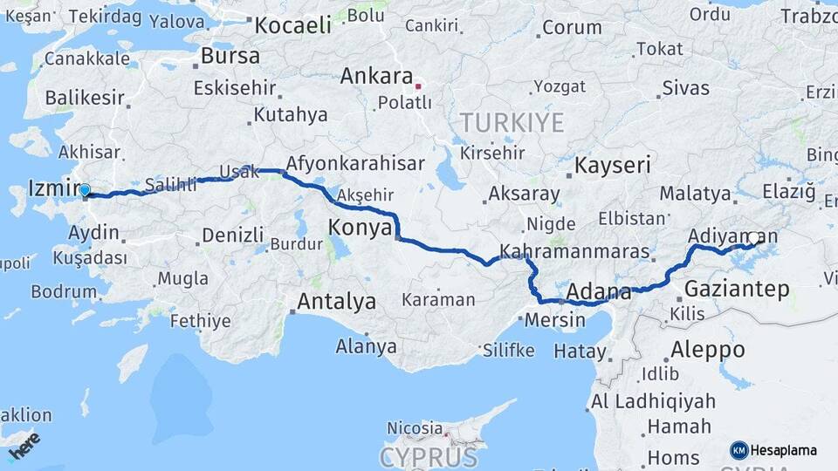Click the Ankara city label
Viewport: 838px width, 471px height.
pyautogui.click(x=376, y=76)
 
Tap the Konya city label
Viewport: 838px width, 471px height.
pyautogui.click(x=359, y=229)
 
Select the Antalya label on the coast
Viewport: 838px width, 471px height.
pyautogui.click(x=336, y=302)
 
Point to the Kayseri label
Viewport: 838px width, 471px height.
pyautogui.click(x=613, y=165)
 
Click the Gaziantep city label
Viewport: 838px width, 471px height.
pyautogui.click(x=738, y=289)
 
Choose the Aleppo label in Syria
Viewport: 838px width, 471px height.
pyautogui.click(x=707, y=350)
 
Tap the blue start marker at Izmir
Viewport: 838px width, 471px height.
pyautogui.click(x=85, y=189)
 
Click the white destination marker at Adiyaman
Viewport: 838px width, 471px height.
pyautogui.click(x=754, y=236)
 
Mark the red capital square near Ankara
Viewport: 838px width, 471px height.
pyautogui.click(x=418, y=85)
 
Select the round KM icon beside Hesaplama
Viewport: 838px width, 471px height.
pyautogui.click(x=738, y=450)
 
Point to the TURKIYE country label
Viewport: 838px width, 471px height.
pyautogui.click(x=512, y=122)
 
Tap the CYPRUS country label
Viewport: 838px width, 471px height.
pyautogui.click(x=429, y=457)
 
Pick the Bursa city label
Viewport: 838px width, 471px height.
pyautogui.click(x=230, y=57)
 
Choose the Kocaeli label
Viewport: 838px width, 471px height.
pyautogui.click(x=292, y=24)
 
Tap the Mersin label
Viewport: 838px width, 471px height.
pyautogui.click(x=555, y=320)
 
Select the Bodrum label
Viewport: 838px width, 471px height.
pyautogui.click(x=64, y=291)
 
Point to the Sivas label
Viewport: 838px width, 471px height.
pyautogui.click(x=686, y=87)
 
